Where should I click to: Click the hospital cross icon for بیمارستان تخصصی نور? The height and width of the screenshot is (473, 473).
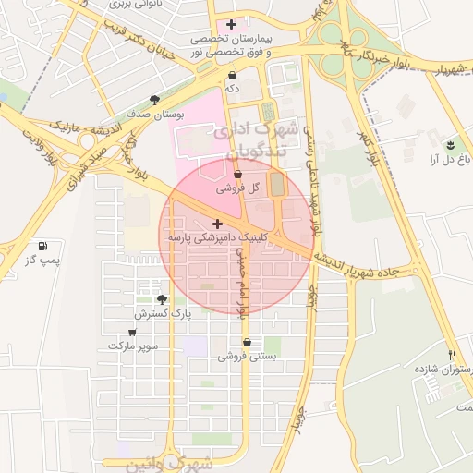[x=231, y=23]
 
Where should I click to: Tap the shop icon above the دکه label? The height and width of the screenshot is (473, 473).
[x=231, y=75]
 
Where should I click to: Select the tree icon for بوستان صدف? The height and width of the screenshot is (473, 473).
[x=154, y=100]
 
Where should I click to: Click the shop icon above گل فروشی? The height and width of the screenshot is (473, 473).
[x=238, y=173]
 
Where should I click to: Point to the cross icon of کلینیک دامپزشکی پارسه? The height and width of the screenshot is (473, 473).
[x=217, y=224]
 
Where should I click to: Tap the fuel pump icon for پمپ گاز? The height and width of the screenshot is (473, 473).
[x=42, y=247]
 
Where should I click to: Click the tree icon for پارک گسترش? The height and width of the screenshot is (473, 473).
[x=163, y=299]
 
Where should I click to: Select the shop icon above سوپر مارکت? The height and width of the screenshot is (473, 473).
[x=133, y=332]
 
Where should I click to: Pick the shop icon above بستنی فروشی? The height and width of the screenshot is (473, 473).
[x=247, y=343]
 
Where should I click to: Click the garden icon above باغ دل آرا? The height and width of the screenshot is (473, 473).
[x=450, y=146]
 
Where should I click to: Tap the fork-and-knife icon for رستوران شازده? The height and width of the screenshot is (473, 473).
[x=452, y=355]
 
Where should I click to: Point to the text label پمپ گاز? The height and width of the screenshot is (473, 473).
[x=42, y=261]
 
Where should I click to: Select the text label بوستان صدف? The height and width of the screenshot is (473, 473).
[x=154, y=114]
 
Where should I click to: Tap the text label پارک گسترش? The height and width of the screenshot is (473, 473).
[x=162, y=314]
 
